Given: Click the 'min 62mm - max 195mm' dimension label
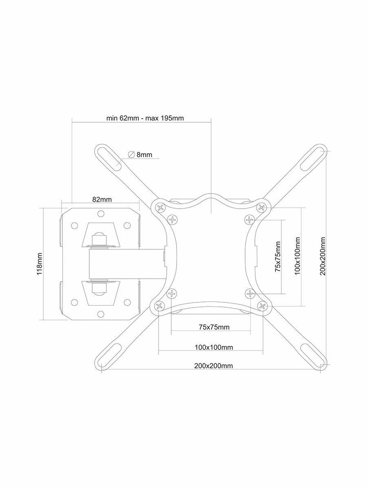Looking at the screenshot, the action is [145, 119].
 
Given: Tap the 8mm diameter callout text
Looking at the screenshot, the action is [144, 154].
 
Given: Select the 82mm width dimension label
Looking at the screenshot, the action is [102, 199].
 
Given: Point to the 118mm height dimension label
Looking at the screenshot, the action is [40, 264].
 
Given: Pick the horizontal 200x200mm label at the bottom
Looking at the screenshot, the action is [214, 366].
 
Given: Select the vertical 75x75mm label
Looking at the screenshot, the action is [278, 257].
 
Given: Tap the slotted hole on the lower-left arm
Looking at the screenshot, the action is [108, 355].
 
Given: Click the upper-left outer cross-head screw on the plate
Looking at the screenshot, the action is [160, 208].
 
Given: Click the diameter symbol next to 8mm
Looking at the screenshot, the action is [131, 154].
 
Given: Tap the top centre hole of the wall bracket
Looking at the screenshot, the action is [101, 213].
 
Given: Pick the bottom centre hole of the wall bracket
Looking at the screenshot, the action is [101, 315].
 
